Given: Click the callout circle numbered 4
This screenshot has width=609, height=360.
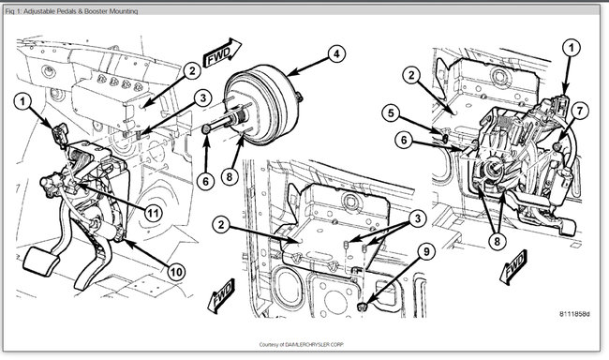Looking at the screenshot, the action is (x=336, y=53).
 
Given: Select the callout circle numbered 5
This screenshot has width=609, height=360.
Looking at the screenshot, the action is (x=391, y=113).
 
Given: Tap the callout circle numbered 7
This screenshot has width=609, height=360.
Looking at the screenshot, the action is (x=579, y=112).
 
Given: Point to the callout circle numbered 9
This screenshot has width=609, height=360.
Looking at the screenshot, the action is (x=426, y=251).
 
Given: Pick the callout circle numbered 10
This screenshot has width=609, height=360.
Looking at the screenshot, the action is (x=176, y=272).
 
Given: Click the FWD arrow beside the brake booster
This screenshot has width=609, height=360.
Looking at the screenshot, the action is (x=222, y=52).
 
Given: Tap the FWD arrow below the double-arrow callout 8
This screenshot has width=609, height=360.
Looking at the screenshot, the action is (x=514, y=266).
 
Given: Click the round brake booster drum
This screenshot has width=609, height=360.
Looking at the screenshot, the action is (x=263, y=105).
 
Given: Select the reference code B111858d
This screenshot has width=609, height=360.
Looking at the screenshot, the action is (x=574, y=314).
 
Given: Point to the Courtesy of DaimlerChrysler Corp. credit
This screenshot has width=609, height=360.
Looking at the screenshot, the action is (x=302, y=344).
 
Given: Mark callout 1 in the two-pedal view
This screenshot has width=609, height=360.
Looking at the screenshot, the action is (x=22, y=101).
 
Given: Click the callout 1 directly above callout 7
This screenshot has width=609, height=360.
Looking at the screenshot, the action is (x=571, y=48).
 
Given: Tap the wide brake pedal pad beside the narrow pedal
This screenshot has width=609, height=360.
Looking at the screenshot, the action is (x=41, y=261).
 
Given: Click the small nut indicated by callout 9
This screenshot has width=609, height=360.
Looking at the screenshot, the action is (x=363, y=307).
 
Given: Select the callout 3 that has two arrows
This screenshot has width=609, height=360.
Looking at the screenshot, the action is (x=418, y=218).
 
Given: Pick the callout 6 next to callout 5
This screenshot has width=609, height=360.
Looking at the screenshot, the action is (x=404, y=140).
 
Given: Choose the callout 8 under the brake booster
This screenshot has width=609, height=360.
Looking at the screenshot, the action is (x=230, y=177).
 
